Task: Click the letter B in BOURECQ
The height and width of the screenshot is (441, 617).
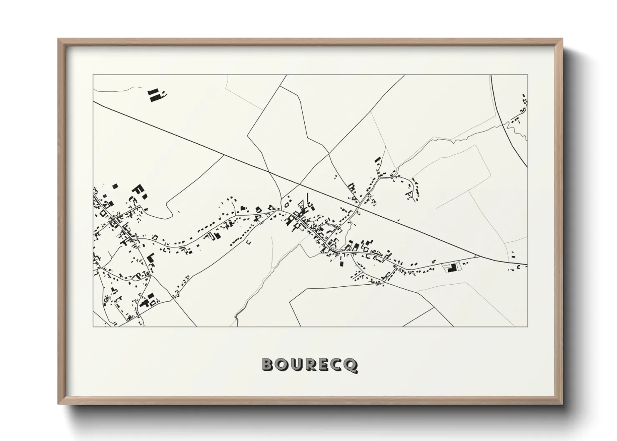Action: (268, 365)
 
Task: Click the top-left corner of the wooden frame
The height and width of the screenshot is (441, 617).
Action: (59, 39)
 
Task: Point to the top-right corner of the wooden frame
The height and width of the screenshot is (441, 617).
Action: (562, 39)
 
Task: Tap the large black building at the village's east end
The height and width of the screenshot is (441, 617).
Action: (450, 268)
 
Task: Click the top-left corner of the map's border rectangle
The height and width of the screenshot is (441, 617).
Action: (93, 75)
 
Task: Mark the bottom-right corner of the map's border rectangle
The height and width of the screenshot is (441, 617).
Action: (527, 326)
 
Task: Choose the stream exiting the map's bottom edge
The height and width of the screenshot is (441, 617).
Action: (236, 319)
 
